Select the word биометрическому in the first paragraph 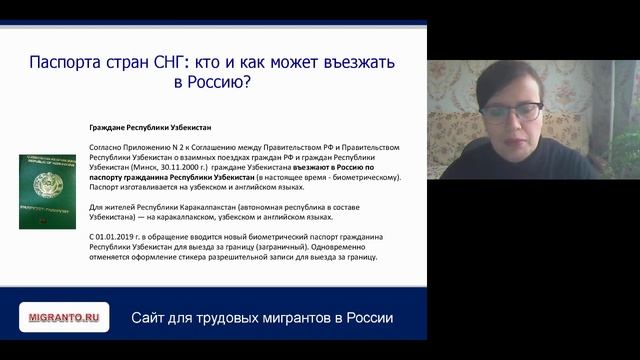click(x=365, y=177)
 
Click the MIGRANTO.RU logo click(x=65, y=317)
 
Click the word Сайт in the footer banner click(x=150, y=318)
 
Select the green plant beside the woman click(x=626, y=150)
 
